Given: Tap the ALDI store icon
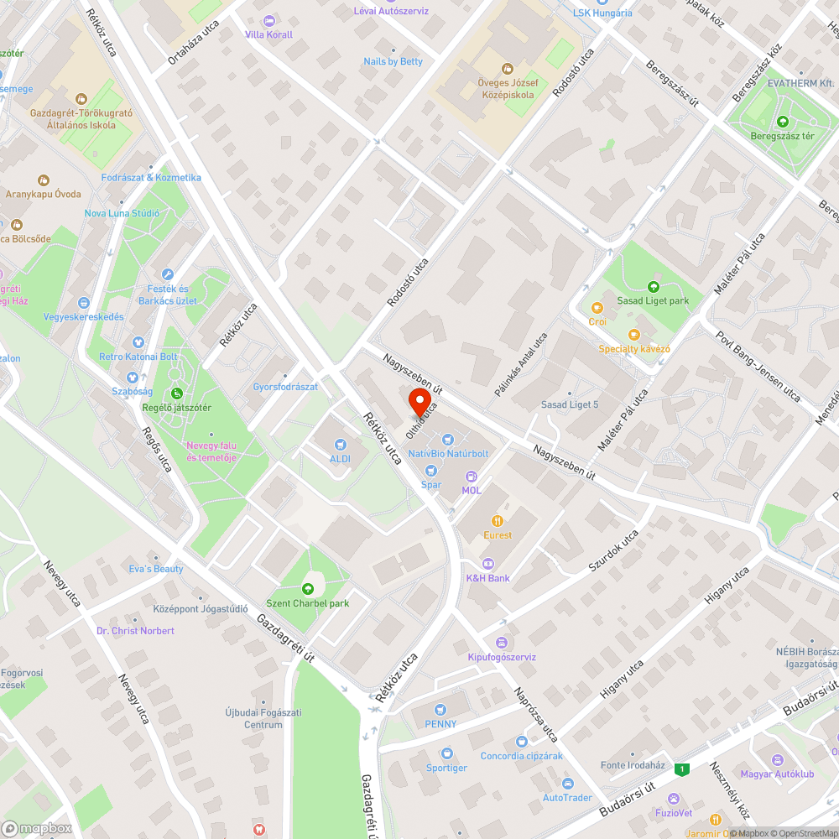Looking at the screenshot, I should [340, 444].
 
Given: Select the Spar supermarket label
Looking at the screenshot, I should [431, 484].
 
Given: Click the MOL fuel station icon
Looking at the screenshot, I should [471, 476].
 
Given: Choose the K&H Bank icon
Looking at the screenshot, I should [488, 563].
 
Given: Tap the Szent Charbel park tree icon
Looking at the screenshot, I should [307, 588].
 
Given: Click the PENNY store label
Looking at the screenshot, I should [441, 724].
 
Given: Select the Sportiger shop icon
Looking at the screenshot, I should [446, 753].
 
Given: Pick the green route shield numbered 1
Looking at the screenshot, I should [683, 769].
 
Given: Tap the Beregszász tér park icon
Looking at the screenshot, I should [782, 122].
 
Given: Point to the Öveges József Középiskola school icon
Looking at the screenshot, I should [507, 68].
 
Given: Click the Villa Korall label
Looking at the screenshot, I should [268, 34].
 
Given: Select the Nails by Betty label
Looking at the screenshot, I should [393, 61].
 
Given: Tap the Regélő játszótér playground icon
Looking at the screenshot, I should [176, 393].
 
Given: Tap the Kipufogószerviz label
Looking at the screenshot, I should [502, 657].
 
